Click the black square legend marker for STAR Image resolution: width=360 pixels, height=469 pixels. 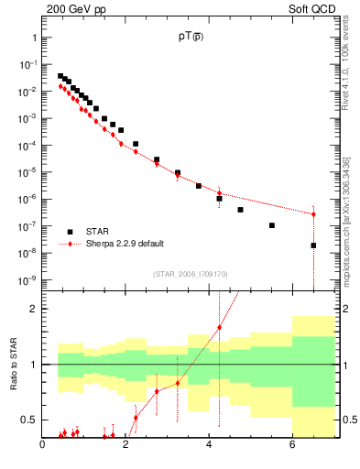click(x=70, y=232)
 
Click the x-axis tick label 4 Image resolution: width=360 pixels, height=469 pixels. click(x=209, y=446)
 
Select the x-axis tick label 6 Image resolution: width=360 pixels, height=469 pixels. click(x=292, y=446)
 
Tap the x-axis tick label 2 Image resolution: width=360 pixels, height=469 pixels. click(x=125, y=446)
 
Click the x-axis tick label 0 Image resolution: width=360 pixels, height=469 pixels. click(x=42, y=446)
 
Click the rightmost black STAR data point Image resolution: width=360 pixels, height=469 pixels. click(x=313, y=245)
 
